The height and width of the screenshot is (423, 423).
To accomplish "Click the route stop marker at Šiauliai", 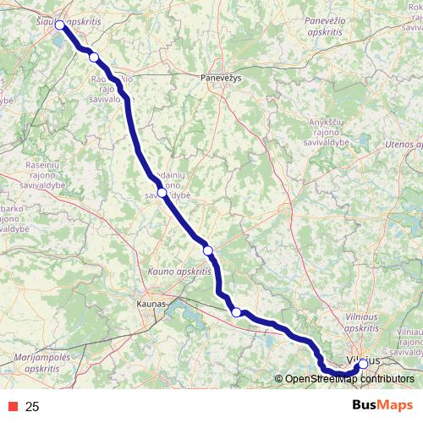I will pos(60,25).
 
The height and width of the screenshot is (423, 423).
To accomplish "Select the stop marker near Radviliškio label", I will pos(94,57).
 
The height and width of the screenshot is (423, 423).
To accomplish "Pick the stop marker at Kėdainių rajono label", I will pos(162,192).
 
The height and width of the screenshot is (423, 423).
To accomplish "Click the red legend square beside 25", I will pos(12,407).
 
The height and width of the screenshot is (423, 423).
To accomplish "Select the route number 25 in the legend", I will pos(33,407).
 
